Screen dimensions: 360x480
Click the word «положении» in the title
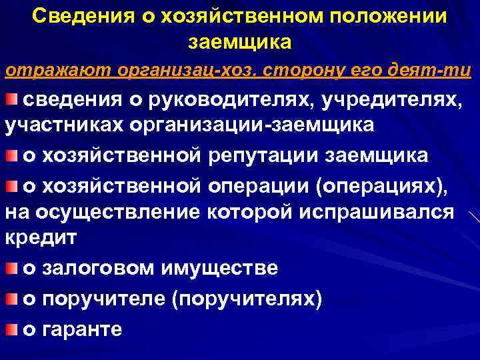[x=388, y=16]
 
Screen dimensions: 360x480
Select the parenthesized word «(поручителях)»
[x=247, y=299]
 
